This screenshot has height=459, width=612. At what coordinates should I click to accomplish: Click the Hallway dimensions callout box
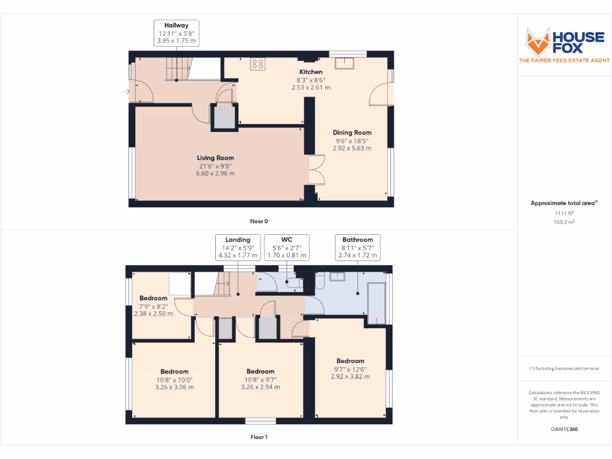tap(176, 33)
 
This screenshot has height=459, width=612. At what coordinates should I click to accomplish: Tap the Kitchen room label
tap(311, 72)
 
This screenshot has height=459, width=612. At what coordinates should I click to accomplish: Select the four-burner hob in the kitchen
tap(258, 64)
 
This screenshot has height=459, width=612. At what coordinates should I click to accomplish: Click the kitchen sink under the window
tap(345, 64)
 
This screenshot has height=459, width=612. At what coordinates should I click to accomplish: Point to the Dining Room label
tap(352, 133)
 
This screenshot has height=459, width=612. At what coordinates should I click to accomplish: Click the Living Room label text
tap(215, 158)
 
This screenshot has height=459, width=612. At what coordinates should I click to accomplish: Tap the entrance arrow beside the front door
tap(127, 91)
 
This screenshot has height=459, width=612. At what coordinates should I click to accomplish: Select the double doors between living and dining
tap(316, 170)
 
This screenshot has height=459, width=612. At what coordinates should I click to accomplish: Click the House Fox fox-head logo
tap(537, 42)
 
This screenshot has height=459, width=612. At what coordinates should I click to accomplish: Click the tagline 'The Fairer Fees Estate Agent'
tap(564, 60)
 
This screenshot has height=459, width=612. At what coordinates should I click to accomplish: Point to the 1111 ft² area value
tap(564, 213)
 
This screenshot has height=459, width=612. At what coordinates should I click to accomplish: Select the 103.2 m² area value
tap(564, 222)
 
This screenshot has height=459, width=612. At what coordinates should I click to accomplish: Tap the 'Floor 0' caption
tap(259, 221)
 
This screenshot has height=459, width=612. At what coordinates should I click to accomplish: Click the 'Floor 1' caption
tap(259, 437)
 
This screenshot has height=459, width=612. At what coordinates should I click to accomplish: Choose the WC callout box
tap(287, 247)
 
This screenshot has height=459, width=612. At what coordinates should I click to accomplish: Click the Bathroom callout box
tap(357, 247)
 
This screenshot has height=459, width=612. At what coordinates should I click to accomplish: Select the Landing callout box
tap(238, 247)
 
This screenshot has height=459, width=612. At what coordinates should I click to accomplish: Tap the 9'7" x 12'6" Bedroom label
tap(350, 361)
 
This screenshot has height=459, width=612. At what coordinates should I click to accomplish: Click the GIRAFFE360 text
tap(564, 429)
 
